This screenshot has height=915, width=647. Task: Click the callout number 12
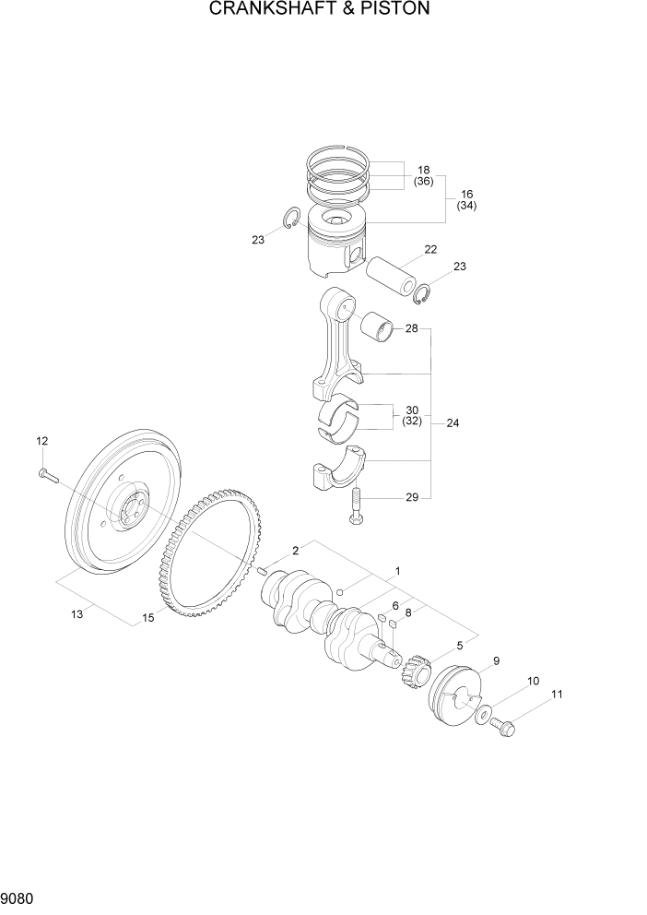click(41, 442)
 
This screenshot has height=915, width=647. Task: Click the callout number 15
click(147, 619)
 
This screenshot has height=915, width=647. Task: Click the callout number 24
click(453, 423)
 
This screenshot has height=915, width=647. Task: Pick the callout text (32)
click(411, 422)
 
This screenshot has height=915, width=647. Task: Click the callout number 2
click(296, 551)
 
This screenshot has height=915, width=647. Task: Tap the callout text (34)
click(466, 206)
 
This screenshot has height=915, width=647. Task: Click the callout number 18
click(424, 170)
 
